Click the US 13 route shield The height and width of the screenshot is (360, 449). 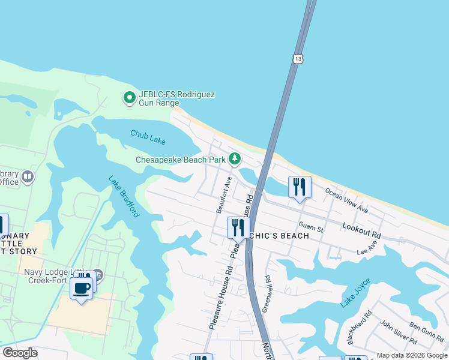tap(298, 58)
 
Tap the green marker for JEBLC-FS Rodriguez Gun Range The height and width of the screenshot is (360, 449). tap(128, 97)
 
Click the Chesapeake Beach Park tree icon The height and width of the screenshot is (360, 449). tap(235, 159)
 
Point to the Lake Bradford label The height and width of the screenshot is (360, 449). tap(124, 196)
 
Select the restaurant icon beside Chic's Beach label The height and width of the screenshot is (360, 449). tap(238, 228)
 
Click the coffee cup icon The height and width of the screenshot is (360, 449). tap(81, 287)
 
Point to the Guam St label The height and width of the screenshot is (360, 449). tap(311, 229)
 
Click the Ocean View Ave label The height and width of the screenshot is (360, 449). tap(346, 200)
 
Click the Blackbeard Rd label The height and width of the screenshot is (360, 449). tap(359, 327)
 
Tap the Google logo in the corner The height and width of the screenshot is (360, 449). tap(20, 353)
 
